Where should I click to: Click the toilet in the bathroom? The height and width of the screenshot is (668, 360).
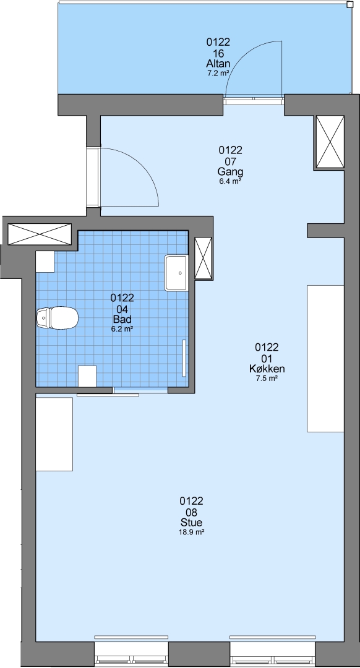pos(57,318)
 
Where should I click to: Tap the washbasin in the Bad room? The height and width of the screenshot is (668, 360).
pos(176,273)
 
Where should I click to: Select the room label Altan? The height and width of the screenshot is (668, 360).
pos(218,64)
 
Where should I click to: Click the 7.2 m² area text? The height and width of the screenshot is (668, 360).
pos(218,73)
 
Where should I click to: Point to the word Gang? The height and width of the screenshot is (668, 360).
pos(230,172)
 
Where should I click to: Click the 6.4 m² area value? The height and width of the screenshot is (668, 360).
pos(230,181)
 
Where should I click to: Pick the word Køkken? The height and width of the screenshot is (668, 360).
pos(267,369)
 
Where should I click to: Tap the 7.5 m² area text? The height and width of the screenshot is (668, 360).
pos(267,378)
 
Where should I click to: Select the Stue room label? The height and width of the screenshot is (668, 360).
pos(191,523)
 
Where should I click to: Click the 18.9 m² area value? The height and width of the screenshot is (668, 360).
pos(191,532)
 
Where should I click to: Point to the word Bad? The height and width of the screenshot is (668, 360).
pos(122,320)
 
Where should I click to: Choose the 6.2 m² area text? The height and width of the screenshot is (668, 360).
pos(122,328)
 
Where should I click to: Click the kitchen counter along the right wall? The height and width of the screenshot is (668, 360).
pos(325,358)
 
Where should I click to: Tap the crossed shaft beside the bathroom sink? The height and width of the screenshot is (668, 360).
pos(204,258)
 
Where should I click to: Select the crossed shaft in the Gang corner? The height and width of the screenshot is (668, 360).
pos(330,142)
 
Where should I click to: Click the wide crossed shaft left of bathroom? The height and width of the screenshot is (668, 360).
pos(40,234)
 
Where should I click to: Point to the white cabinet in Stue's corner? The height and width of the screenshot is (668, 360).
pos(54,434)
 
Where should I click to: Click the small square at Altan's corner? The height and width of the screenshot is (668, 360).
pos(349,5)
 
